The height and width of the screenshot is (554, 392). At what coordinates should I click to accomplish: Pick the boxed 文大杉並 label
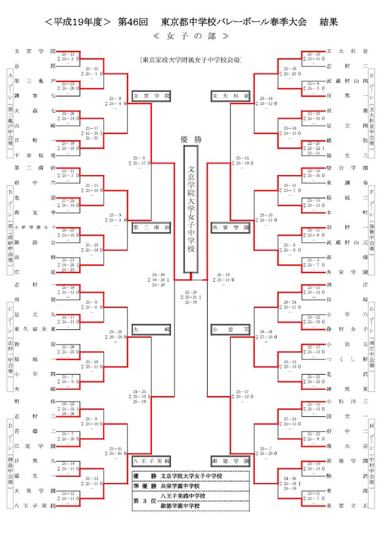pyautogui.click(x=230, y=96)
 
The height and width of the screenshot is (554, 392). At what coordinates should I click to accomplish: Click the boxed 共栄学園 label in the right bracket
pyautogui.click(x=230, y=227)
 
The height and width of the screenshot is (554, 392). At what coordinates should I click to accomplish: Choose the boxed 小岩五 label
pyautogui.click(x=230, y=329)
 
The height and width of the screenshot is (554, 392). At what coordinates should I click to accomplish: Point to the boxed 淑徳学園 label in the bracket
pyautogui.click(x=230, y=460)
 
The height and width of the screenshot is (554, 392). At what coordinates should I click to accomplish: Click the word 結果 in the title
pyautogui.click(x=330, y=22)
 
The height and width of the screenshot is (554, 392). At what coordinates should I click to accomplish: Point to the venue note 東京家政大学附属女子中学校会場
pyautogui.click(x=190, y=60)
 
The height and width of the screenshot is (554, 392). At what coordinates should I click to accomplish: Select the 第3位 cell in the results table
pyautogui.click(x=145, y=500)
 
